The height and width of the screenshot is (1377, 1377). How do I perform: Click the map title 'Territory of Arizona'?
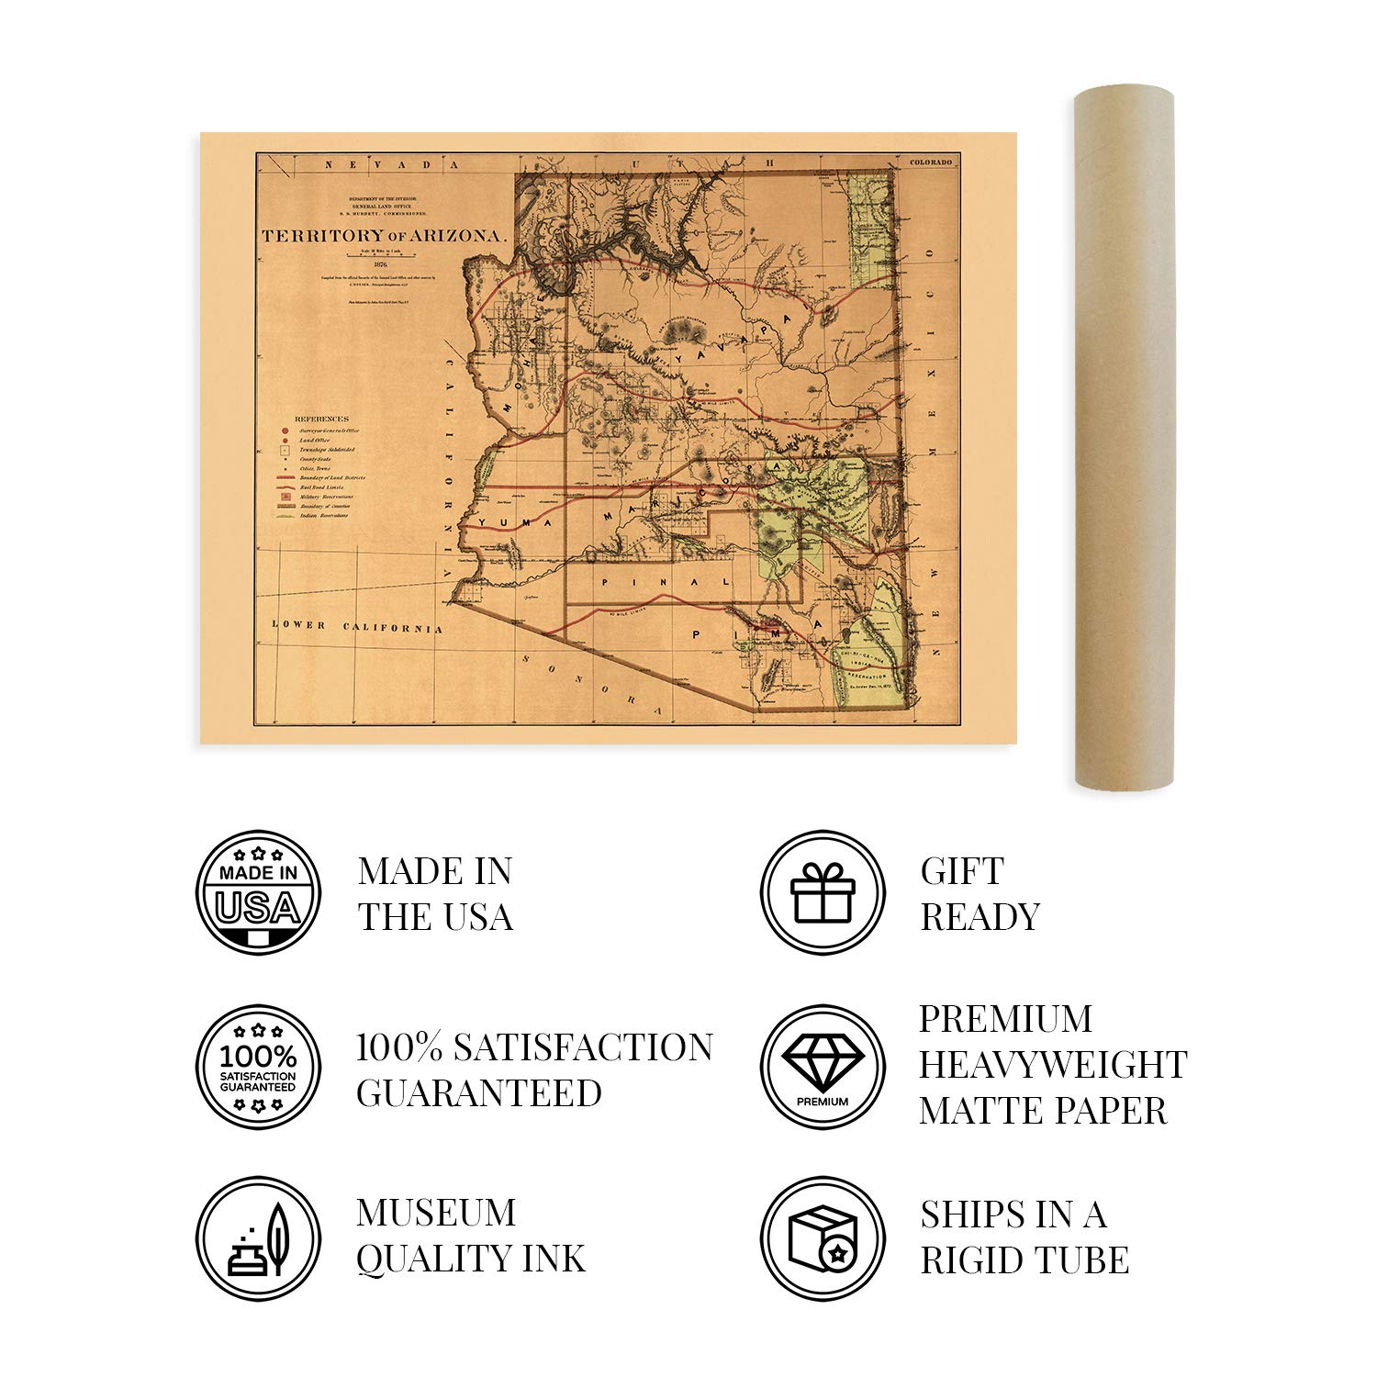384,236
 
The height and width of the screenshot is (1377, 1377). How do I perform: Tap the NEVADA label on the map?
389,164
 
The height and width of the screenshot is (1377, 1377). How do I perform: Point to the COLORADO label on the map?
931,162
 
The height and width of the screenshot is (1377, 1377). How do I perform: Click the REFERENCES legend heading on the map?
321,419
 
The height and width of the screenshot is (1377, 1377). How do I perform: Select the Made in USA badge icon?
259,892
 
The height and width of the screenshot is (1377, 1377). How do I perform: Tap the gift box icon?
823,892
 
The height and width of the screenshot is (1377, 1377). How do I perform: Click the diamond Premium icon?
823,1067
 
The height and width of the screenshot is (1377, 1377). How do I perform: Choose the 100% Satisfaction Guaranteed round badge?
259,1067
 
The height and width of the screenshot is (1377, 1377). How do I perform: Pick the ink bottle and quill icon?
259,1239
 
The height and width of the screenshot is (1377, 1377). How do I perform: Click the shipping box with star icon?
823,1239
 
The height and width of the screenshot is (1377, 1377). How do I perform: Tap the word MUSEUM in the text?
436,1214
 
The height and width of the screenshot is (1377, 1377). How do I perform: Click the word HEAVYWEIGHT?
1053,1065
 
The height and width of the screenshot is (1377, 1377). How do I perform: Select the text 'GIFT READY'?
980,893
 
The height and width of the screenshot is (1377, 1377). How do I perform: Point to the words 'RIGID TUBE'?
1024,1260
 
